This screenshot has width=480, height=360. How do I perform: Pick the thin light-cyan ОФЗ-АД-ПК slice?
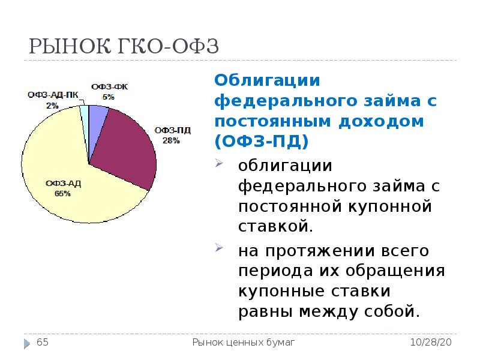(x=85, y=114)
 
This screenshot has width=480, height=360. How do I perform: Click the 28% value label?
(x=171, y=140)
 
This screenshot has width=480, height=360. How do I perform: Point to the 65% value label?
(x=62, y=194)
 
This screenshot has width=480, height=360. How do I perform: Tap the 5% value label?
(x=109, y=96)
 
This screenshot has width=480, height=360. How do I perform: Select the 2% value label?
(x=52, y=105)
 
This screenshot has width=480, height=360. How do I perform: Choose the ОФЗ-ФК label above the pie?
(x=109, y=87)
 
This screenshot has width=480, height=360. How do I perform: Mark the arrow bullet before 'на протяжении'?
(x=220, y=248)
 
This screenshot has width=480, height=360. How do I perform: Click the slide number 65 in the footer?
(x=43, y=343)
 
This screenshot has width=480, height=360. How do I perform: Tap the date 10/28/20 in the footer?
(x=431, y=343)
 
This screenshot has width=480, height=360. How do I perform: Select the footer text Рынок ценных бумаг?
(x=243, y=343)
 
